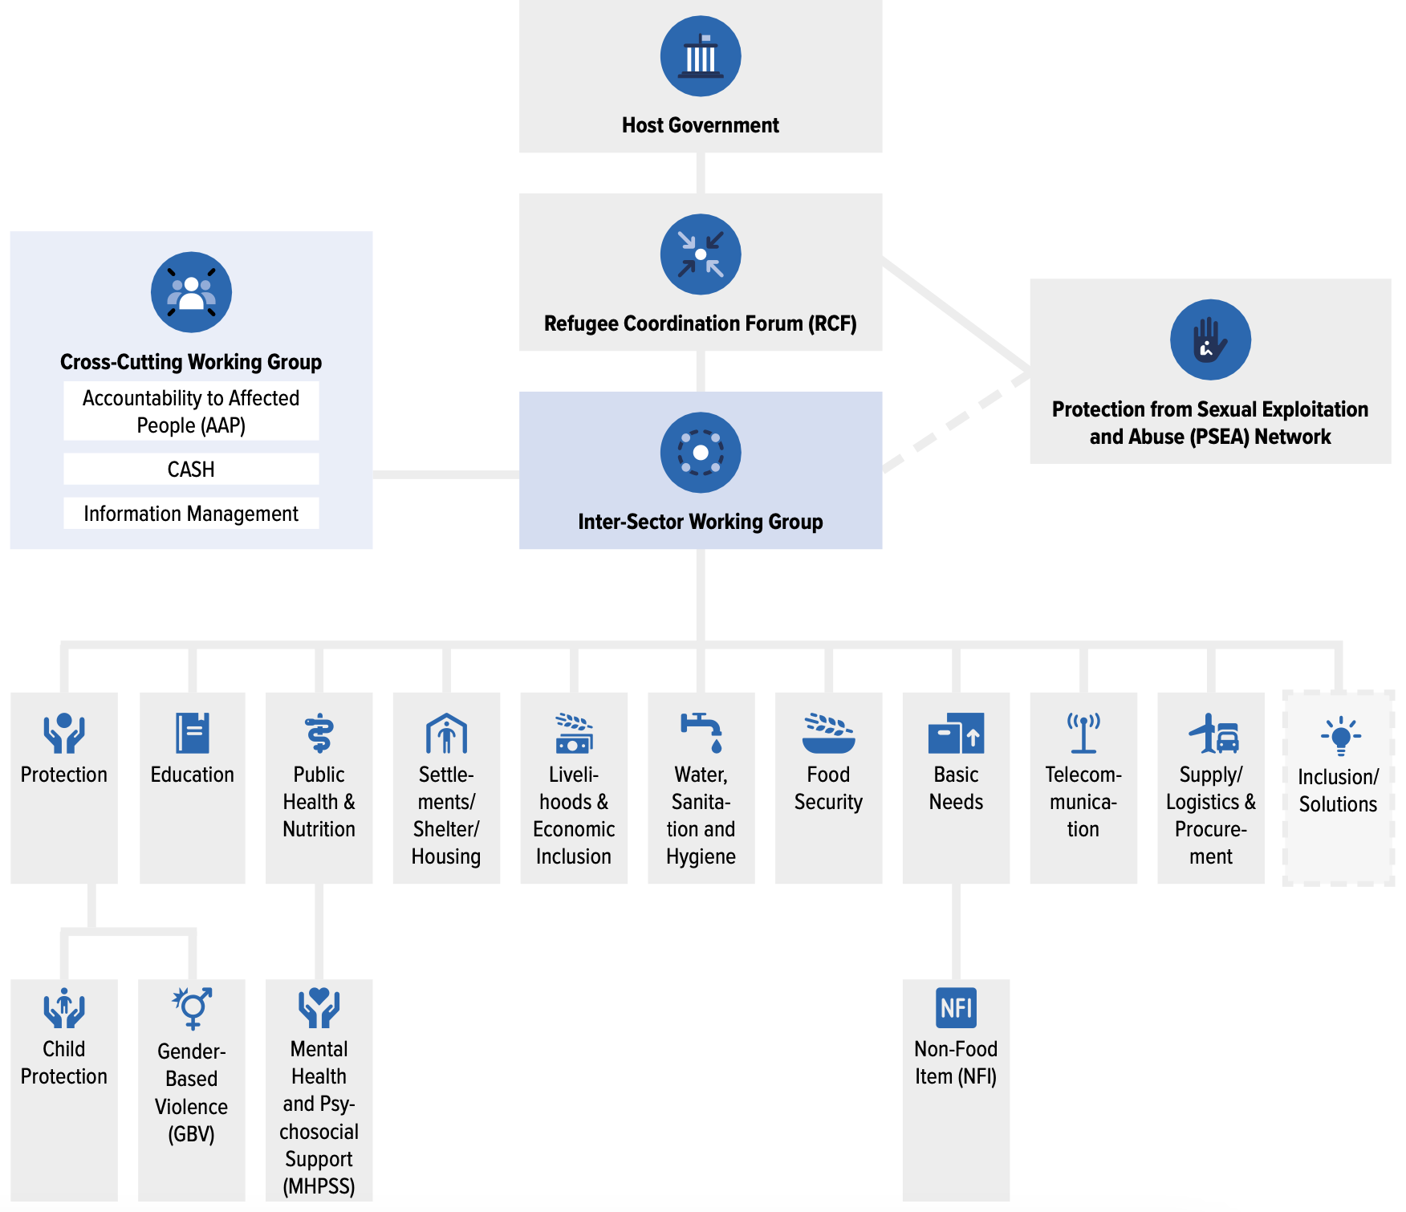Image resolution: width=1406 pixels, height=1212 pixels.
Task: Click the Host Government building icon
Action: point(701,56)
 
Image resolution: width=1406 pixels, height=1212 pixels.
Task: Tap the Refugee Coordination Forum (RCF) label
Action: point(701,323)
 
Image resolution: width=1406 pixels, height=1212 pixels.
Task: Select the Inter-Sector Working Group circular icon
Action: point(701,453)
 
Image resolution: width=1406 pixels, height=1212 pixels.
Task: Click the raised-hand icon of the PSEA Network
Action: point(1210,340)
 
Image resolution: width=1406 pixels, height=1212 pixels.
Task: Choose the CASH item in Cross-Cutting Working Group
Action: point(191,470)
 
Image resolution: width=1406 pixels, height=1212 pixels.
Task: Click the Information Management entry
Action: point(191,514)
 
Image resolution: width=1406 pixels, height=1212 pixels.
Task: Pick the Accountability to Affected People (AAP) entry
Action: point(191,411)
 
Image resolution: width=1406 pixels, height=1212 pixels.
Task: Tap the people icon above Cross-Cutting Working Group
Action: point(191,292)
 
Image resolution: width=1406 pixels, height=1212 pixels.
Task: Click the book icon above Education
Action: point(193,733)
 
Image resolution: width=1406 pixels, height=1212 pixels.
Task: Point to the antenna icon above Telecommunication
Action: point(1083,733)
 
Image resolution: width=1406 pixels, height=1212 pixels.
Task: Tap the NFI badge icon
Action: point(956,1008)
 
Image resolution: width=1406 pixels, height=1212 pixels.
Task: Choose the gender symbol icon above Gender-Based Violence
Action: point(192,1008)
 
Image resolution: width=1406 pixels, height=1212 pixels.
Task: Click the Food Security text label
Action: point(828,788)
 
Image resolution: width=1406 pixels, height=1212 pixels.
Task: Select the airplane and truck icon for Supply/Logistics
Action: point(1212,734)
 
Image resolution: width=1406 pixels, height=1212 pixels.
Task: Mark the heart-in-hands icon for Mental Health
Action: point(319,1008)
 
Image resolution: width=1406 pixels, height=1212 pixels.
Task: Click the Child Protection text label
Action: point(64,1063)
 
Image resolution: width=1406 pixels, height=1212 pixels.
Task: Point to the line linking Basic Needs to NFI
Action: point(956,931)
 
